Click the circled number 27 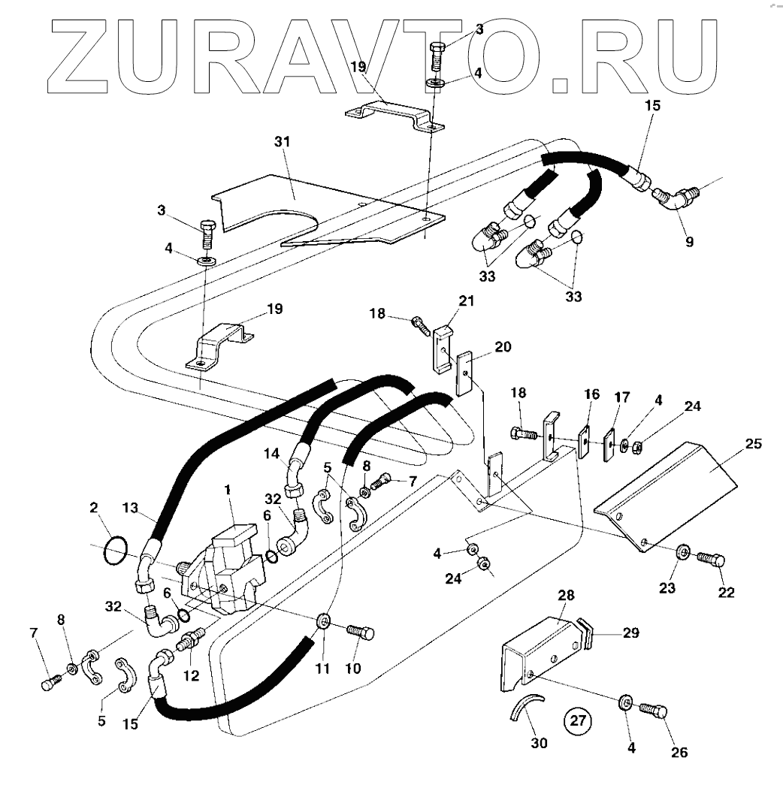point(577,721)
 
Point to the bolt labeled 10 point(361,632)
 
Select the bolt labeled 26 point(654,710)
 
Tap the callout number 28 point(565,594)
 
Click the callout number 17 point(622,395)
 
